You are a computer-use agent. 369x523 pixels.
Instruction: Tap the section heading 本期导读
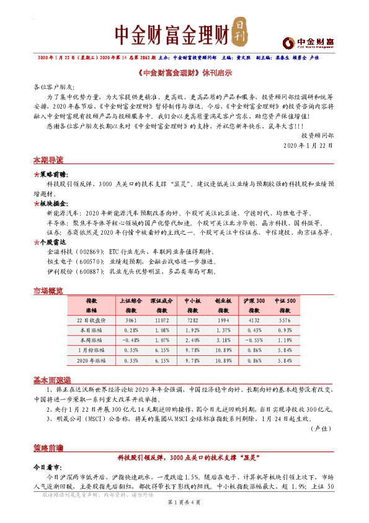point(48,160)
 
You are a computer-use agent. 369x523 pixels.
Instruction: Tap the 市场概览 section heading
point(48,291)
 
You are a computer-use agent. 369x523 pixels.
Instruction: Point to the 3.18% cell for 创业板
point(224,340)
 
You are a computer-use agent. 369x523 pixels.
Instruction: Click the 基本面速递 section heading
point(51,380)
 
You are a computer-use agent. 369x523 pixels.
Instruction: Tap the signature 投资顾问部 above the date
point(316,134)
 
